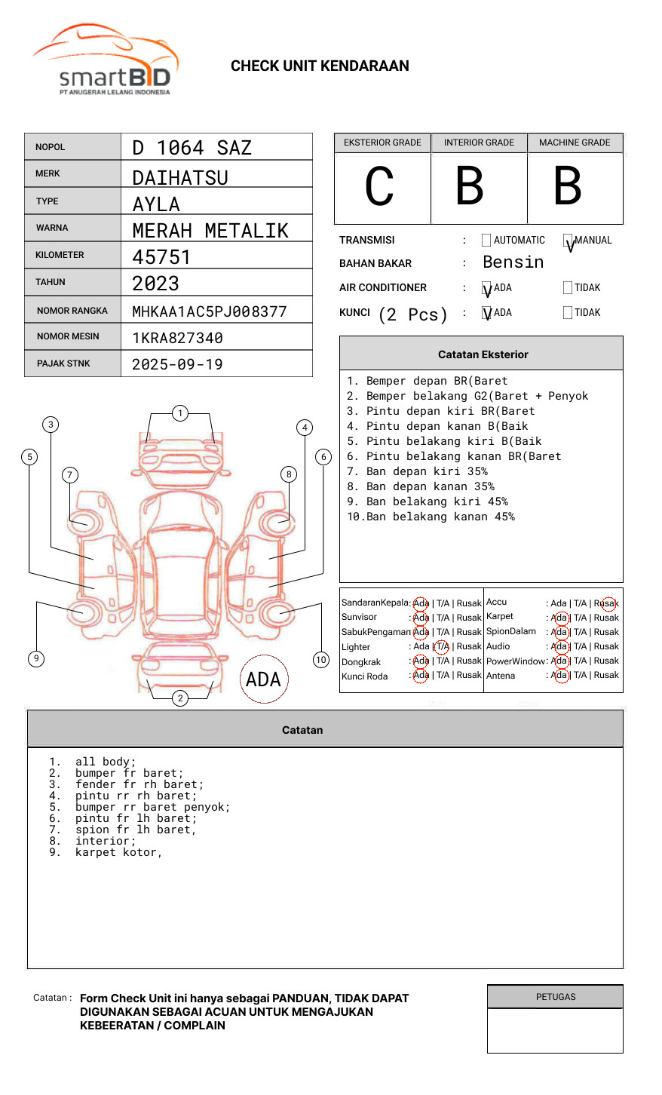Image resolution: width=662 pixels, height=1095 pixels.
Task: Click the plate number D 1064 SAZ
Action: pyautogui.click(x=192, y=148)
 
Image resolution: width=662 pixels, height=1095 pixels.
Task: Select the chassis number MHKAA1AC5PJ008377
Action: pyautogui.click(x=209, y=311)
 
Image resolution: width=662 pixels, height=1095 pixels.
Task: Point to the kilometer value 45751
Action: pyautogui.click(x=161, y=257)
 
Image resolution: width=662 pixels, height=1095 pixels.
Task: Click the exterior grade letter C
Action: pyautogui.click(x=379, y=187)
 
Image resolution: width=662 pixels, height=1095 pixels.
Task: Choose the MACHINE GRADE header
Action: pyautogui.click(x=575, y=143)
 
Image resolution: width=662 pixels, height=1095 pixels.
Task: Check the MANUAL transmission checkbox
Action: pyautogui.click(x=568, y=241)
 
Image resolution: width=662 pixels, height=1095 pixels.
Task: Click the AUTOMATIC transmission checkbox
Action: pyautogui.click(x=486, y=241)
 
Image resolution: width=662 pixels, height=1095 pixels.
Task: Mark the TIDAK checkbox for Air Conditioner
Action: pyautogui.click(x=568, y=288)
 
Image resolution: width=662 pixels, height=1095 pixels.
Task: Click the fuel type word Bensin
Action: pyautogui.click(x=513, y=262)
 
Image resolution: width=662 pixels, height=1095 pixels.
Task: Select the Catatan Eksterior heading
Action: pyautogui.click(x=483, y=354)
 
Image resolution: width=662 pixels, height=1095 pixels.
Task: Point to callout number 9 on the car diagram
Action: pyautogui.click(x=36, y=658)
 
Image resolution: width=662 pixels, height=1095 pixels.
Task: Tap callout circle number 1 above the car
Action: pyautogui.click(x=179, y=413)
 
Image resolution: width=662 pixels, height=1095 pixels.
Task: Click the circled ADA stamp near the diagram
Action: pyautogui.click(x=264, y=679)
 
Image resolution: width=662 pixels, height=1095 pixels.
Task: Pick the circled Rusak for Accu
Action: pyautogui.click(x=608, y=603)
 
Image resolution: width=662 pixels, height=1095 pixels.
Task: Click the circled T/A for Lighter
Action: pyautogui.click(x=442, y=646)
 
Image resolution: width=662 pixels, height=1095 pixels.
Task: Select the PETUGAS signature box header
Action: pyautogui.click(x=555, y=997)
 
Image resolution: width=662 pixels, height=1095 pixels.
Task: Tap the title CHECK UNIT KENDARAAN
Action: pyautogui.click(x=320, y=66)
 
